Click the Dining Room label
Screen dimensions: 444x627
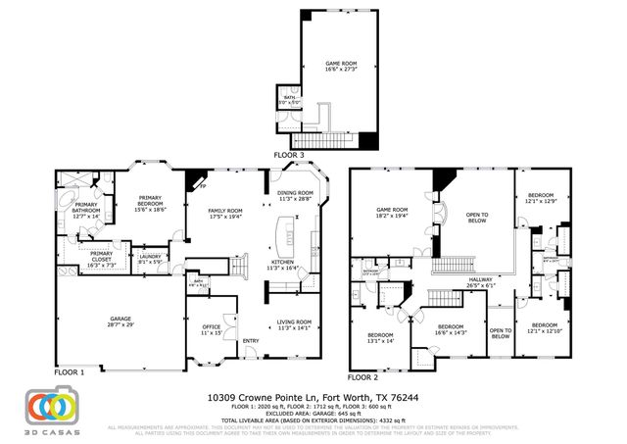tap(296, 196)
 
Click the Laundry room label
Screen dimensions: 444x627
tap(151, 259)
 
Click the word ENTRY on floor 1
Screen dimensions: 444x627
tap(252, 341)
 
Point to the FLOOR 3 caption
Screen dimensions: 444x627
tap(289, 156)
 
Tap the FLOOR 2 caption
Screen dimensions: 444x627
tap(363, 376)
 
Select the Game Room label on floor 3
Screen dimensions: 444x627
tap(342, 68)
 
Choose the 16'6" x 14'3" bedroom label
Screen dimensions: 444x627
tap(450, 329)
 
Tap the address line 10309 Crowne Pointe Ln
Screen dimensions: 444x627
tap(313, 397)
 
